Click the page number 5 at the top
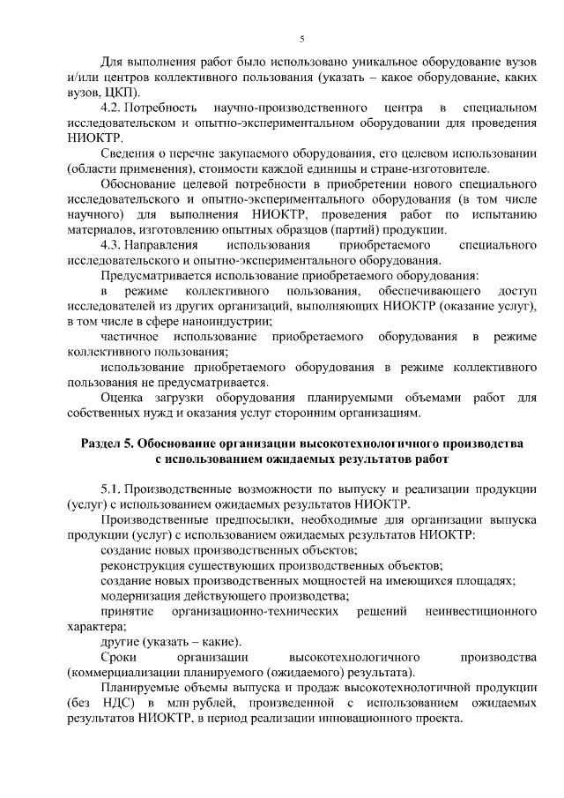point(301,39)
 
